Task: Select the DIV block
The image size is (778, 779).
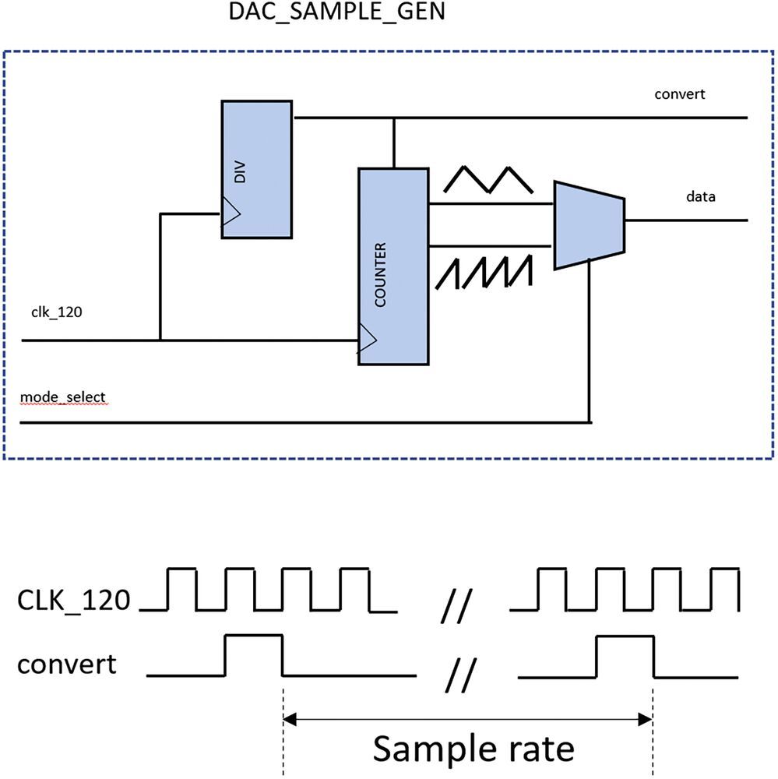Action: click(257, 168)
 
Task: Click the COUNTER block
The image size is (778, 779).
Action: click(393, 265)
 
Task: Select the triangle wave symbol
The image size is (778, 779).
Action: click(488, 179)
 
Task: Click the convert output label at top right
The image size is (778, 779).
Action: click(679, 94)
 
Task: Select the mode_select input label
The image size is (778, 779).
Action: click(62, 398)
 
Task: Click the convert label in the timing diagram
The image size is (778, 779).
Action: click(67, 664)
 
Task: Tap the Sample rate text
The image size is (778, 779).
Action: click(473, 748)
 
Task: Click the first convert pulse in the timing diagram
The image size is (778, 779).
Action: click(253, 655)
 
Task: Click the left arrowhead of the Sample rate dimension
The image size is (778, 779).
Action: click(290, 718)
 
